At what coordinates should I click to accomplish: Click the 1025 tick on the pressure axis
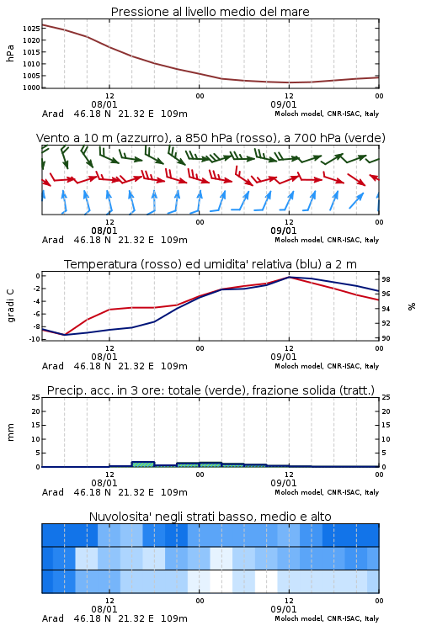click(x=31, y=29)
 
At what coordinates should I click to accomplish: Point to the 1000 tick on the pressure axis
click(x=31, y=87)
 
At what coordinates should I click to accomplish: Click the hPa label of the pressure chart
click(x=10, y=54)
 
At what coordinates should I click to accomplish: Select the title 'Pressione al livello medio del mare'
click(x=210, y=12)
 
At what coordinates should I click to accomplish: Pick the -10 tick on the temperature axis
click(x=35, y=339)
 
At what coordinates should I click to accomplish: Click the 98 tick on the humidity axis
click(x=386, y=279)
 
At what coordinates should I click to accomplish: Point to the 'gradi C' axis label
click(x=10, y=306)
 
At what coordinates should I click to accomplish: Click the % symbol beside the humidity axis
click(x=412, y=306)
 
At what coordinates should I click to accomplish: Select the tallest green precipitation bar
click(x=143, y=464)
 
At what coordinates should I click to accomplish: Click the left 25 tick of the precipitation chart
click(x=36, y=397)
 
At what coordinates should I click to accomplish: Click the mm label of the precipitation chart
click(x=10, y=432)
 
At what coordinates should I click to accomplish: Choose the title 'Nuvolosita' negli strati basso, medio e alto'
click(x=210, y=517)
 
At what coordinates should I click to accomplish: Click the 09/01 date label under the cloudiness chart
click(x=284, y=609)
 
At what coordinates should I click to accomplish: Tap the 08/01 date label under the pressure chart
click(x=104, y=104)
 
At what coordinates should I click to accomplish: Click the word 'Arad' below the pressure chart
click(x=53, y=114)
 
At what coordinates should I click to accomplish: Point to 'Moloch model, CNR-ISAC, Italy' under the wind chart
click(x=327, y=241)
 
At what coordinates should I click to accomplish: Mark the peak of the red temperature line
click(x=289, y=278)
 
